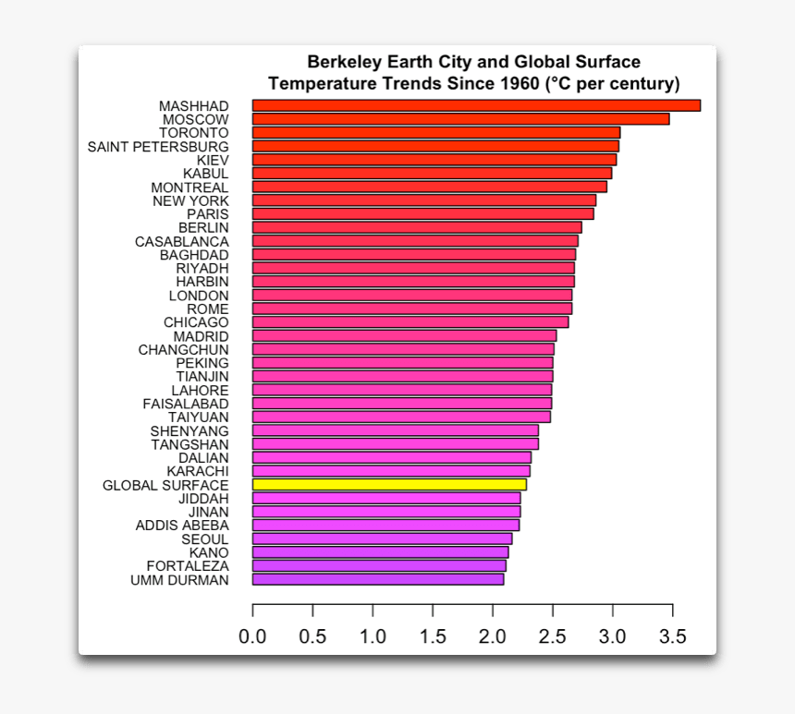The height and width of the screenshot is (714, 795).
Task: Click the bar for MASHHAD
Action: pyautogui.click(x=476, y=105)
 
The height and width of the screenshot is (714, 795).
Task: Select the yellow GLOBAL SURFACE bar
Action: pyautogui.click(x=389, y=485)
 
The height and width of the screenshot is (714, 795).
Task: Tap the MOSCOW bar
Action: pyautogui.click(x=460, y=119)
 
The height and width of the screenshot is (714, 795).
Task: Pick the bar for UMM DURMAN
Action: pyautogui.click(x=378, y=579)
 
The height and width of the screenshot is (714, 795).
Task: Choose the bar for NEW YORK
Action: pyautogui.click(x=424, y=200)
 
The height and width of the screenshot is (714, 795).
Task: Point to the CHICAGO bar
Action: pyautogui.click(x=410, y=322)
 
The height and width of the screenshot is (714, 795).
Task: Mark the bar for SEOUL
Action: pyautogui.click(x=382, y=539)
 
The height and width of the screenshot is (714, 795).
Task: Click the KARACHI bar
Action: pyautogui.click(x=391, y=471)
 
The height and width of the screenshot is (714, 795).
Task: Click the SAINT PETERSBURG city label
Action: pyautogui.click(x=158, y=146)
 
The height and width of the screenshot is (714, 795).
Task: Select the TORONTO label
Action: pyautogui.click(x=194, y=133)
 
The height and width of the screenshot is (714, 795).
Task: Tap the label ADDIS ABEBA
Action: pyautogui.click(x=182, y=526)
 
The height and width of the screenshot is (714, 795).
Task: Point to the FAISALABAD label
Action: pyautogui.click(x=186, y=404)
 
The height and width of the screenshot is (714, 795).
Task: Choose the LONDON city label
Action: pyautogui.click(x=199, y=296)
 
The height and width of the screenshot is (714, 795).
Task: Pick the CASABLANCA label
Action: pyautogui.click(x=182, y=241)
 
